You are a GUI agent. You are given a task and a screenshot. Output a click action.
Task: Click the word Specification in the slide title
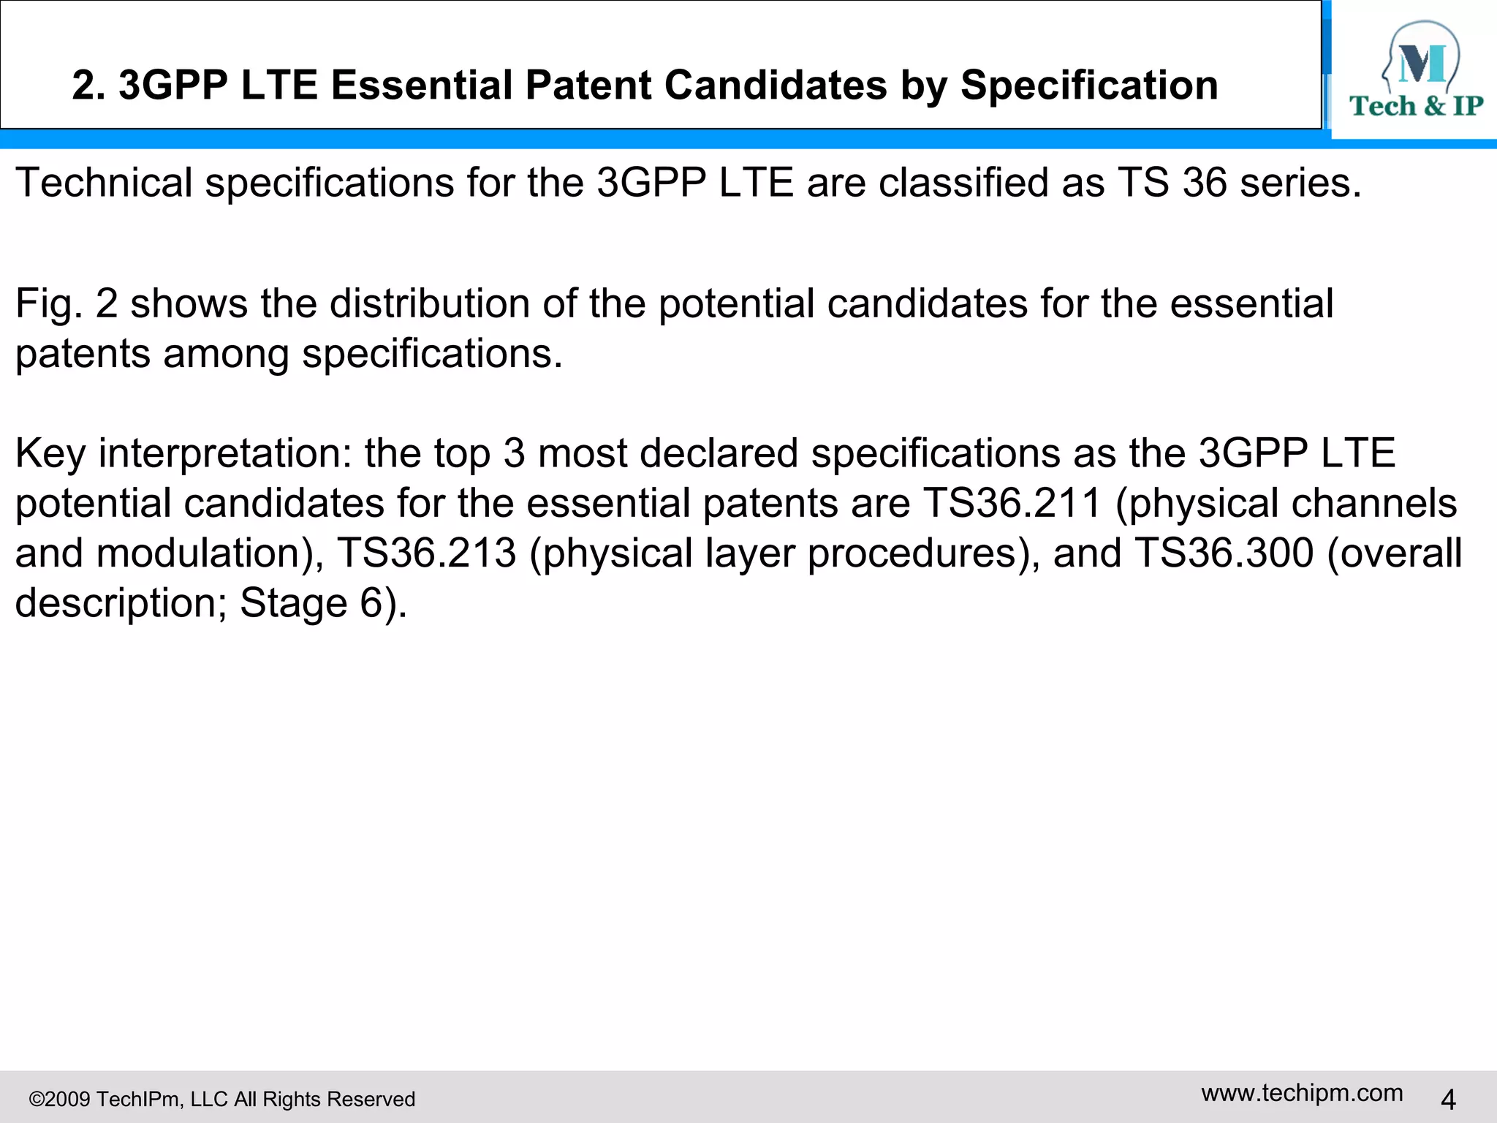pos(1088,86)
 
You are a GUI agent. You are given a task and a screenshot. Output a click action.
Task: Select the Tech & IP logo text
pos(1416,107)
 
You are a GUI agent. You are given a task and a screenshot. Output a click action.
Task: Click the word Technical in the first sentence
pos(103,182)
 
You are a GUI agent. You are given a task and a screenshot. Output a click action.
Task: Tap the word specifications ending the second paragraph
pos(431,354)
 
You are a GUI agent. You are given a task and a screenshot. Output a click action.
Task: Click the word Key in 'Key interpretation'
pos(50,453)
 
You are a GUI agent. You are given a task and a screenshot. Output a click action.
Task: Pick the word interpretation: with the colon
pos(225,453)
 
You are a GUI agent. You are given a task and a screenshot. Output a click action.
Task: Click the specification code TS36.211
pos(1012,504)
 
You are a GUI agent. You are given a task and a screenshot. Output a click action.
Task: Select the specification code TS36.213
pos(426,553)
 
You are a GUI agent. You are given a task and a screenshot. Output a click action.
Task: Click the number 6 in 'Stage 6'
pos(371,604)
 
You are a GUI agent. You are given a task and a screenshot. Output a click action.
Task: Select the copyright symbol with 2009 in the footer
pos(60,1099)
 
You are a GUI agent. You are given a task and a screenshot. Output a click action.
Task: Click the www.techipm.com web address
pos(1302,1092)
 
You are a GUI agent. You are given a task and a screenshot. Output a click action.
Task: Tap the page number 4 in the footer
pos(1448,1099)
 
